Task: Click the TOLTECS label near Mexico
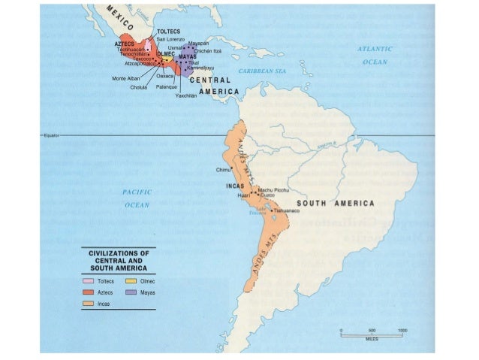tap(168, 31)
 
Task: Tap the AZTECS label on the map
tap(125, 44)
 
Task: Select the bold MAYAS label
tap(188, 56)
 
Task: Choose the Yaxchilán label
tap(188, 96)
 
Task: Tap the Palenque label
tap(167, 87)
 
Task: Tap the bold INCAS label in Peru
tap(236, 185)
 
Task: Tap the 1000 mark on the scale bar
tap(402, 331)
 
